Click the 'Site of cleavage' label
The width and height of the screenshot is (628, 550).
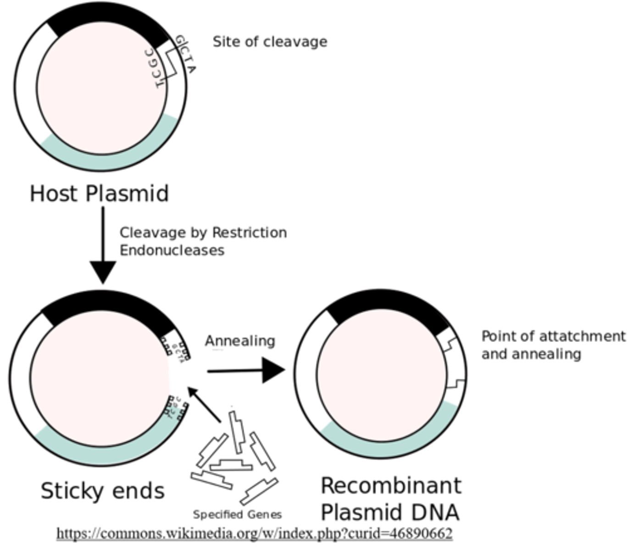[x=270, y=42]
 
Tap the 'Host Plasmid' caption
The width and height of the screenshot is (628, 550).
[x=99, y=193]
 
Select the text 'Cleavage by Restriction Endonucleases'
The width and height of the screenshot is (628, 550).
[x=203, y=241]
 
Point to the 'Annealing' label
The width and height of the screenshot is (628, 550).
[x=240, y=341]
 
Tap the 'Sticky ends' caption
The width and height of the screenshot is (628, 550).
[x=102, y=491]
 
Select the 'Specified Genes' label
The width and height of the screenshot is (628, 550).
[x=237, y=514]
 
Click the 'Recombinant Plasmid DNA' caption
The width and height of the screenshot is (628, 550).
[x=390, y=499]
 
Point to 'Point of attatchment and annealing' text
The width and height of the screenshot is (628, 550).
[x=553, y=345]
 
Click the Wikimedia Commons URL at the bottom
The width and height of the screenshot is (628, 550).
[x=254, y=533]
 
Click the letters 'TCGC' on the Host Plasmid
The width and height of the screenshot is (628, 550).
[x=156, y=69]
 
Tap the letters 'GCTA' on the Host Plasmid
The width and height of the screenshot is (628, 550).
[x=186, y=55]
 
